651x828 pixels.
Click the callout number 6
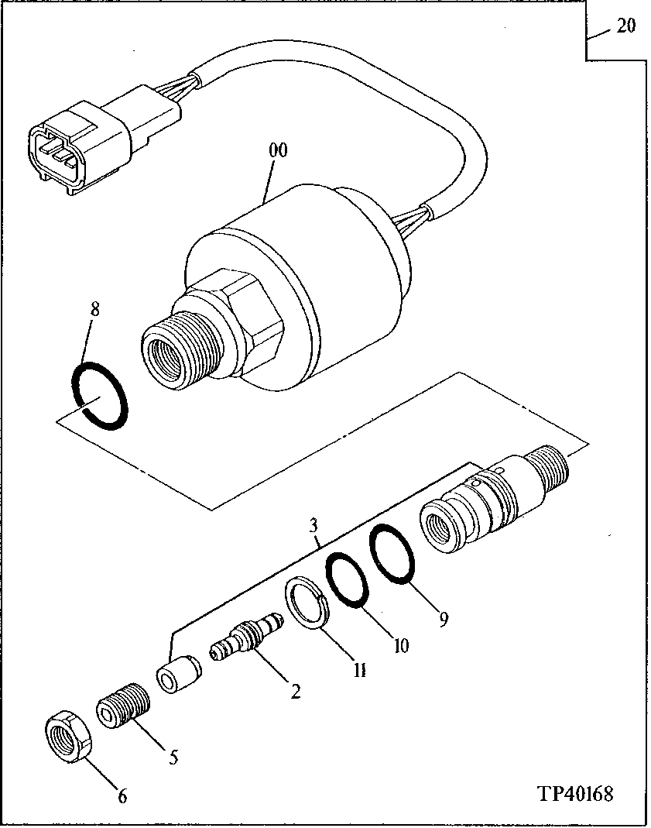pos(122,795)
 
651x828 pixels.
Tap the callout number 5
pos(173,757)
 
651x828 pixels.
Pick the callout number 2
pos(295,692)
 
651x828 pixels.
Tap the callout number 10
pos(400,644)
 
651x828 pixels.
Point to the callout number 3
pos(313,526)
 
